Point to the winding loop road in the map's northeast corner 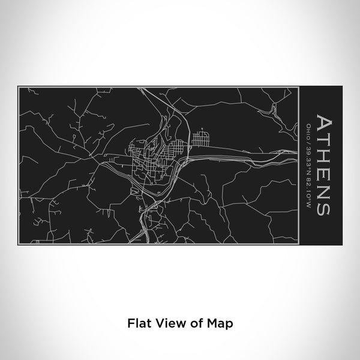(x=274, y=110)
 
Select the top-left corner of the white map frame (x=19, y=88)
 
